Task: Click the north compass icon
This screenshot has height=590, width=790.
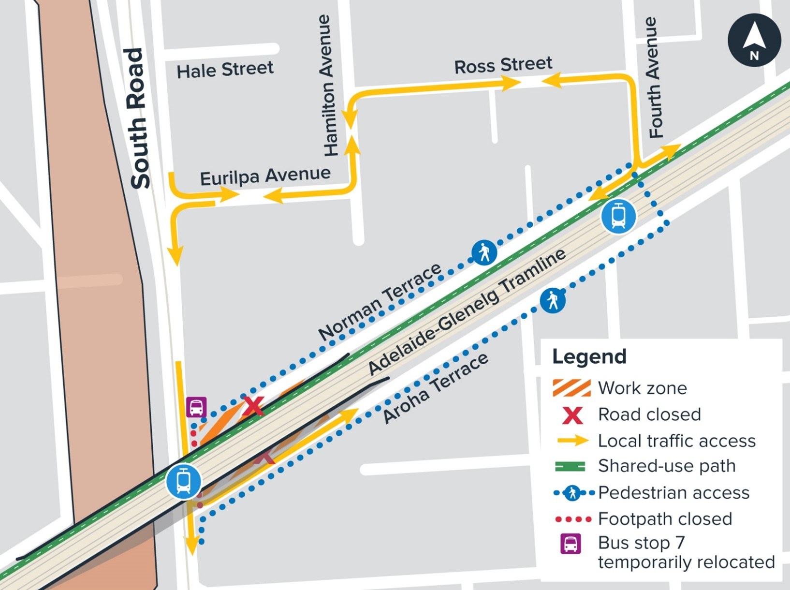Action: pos(754,40)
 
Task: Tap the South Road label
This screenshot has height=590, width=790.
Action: pos(137,118)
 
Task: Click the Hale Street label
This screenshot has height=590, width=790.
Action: pos(225,70)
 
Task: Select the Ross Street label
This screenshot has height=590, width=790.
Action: pos(503,65)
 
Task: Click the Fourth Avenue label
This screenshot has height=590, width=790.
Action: pos(654,77)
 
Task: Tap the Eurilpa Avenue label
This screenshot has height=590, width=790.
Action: pos(265,176)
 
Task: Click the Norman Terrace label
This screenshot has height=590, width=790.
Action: pos(380,302)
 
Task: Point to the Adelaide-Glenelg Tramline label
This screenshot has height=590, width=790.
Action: pos(466,311)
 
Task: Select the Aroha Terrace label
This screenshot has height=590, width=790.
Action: pos(435,388)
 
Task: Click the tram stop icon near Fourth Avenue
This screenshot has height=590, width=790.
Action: pos(618,216)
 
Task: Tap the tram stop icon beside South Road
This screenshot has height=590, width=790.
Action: pos(183,481)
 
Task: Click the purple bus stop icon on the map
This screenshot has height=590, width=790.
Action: pos(196,407)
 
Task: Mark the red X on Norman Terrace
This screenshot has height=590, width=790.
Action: pos(253,406)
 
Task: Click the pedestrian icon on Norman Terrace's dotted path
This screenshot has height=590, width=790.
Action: pos(484,252)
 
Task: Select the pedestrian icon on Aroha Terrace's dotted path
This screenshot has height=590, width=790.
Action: pos(553,300)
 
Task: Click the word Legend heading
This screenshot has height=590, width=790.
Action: pos(589,356)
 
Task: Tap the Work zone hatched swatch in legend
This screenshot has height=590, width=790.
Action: pos(571,388)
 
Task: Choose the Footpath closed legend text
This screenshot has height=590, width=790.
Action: pos(665,519)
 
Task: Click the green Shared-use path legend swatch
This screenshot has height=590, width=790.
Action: pos(570,466)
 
